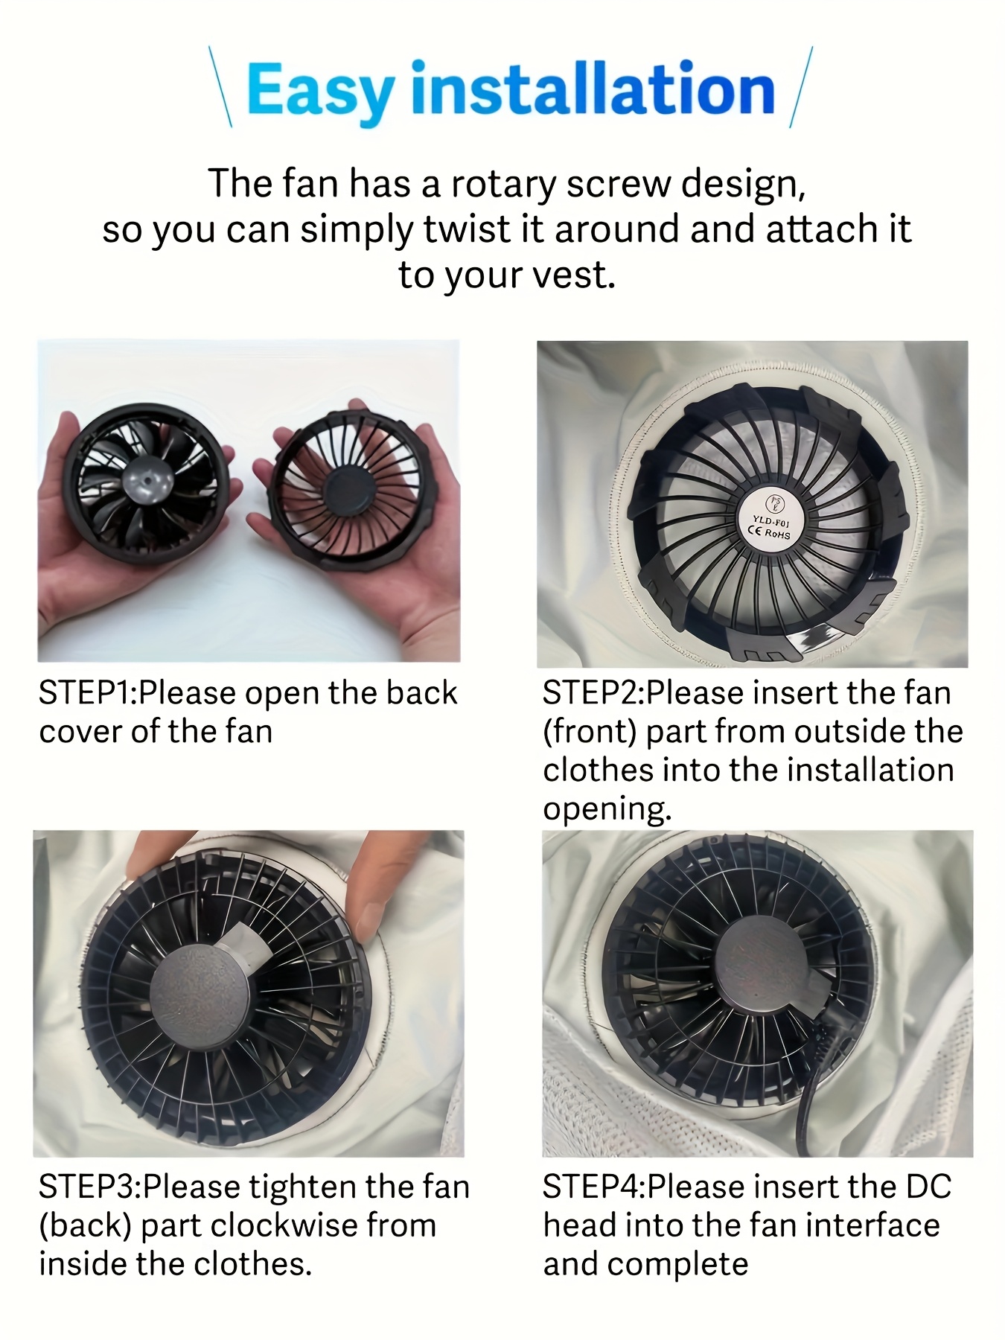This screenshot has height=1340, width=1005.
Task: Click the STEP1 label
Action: (85, 693)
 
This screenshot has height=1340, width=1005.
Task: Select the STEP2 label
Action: (591, 693)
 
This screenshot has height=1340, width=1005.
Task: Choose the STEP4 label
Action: (592, 1187)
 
